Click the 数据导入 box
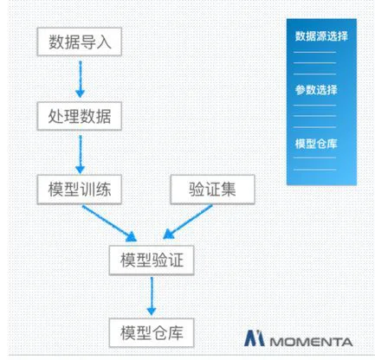[80, 42]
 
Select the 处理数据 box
[80, 116]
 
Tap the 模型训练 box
[80, 190]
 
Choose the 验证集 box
[212, 190]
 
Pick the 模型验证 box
[152, 260]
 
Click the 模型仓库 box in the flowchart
[152, 332]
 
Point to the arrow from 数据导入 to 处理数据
[81, 79]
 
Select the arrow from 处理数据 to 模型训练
[81, 154]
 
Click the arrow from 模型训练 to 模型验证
[109, 222]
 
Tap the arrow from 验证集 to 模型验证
[188, 222]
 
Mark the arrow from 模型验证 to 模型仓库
[152, 296]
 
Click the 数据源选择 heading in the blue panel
[321, 36]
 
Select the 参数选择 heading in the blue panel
[316, 90]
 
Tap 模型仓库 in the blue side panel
[316, 144]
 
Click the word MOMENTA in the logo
[311, 342]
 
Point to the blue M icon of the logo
[254, 338]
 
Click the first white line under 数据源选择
[314, 52]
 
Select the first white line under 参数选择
[314, 106]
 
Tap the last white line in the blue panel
[314, 170]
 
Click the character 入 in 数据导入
[104, 42]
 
